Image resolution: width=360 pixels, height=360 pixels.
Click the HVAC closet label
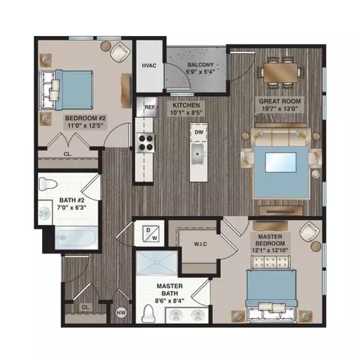[x=148, y=66]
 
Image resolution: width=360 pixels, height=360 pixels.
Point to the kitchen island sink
[x=199, y=156]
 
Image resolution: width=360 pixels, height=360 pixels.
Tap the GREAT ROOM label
[x=280, y=104]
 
